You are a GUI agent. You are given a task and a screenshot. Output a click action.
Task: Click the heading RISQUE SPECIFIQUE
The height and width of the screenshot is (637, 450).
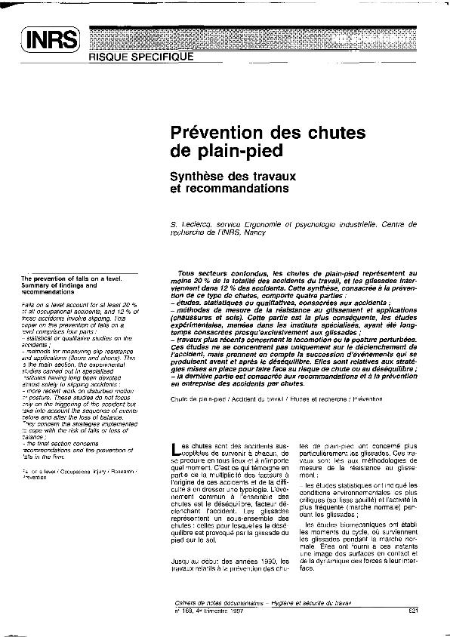point(141,56)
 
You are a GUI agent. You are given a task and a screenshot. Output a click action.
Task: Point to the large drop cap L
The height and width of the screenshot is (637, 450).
point(177,451)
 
